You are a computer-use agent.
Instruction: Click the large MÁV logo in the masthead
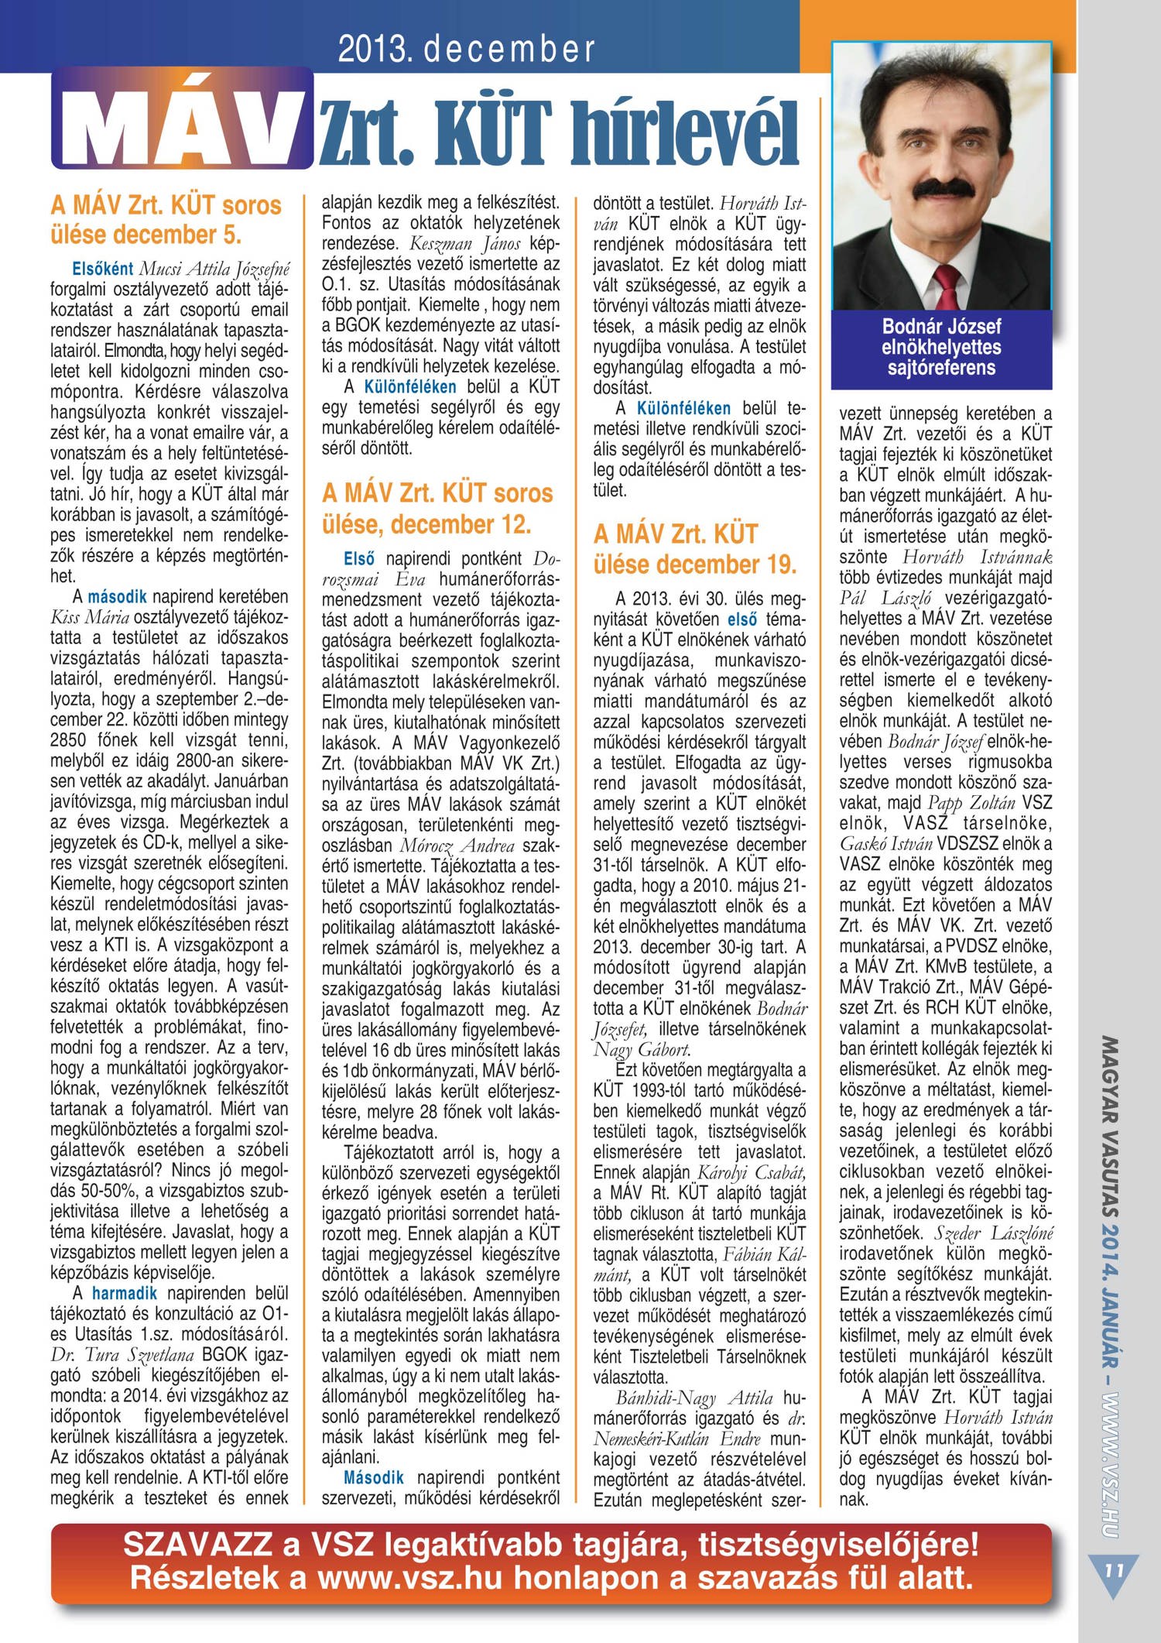pyautogui.click(x=183, y=120)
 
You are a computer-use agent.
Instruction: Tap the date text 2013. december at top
pyautogui.click(x=467, y=50)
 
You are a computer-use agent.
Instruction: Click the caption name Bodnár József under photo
pyautogui.click(x=941, y=327)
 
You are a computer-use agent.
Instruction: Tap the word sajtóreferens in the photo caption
pyautogui.click(x=941, y=368)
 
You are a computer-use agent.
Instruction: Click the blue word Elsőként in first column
pyautogui.click(x=103, y=269)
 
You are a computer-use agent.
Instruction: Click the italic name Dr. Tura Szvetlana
pyautogui.click(x=122, y=1355)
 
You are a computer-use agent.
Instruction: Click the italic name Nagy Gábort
pyautogui.click(x=641, y=1050)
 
